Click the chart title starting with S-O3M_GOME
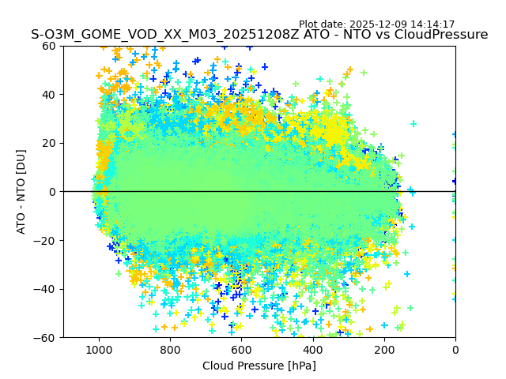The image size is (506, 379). tap(259, 35)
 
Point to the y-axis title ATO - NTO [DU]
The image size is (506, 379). tap(22, 191)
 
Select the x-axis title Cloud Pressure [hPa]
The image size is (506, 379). tap(259, 366)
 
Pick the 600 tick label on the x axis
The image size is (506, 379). tap(241, 349)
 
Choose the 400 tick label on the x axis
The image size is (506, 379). tap(312, 349)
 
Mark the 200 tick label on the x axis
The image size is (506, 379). tap(383, 349)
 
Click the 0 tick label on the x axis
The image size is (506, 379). tap(455, 349)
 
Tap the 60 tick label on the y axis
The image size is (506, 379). tap(47, 46)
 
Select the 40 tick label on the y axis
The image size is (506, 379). tap(47, 95)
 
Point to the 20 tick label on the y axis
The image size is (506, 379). tap(47, 143)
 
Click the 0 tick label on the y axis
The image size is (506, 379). tap(51, 192)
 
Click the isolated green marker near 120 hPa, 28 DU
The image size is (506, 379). tap(413, 124)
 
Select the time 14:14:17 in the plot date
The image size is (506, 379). tap(431, 24)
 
